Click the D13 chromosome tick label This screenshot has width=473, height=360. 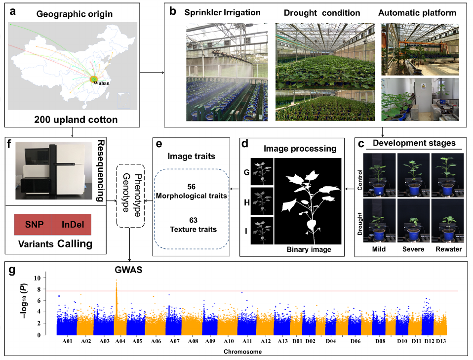click(x=441, y=341)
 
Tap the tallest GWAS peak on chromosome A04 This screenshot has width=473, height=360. click(x=117, y=280)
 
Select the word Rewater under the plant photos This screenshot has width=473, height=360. click(x=449, y=249)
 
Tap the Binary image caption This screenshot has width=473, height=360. click(x=308, y=249)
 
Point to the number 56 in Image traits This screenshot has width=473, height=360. click(x=192, y=188)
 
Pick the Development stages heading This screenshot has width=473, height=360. click(x=413, y=143)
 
